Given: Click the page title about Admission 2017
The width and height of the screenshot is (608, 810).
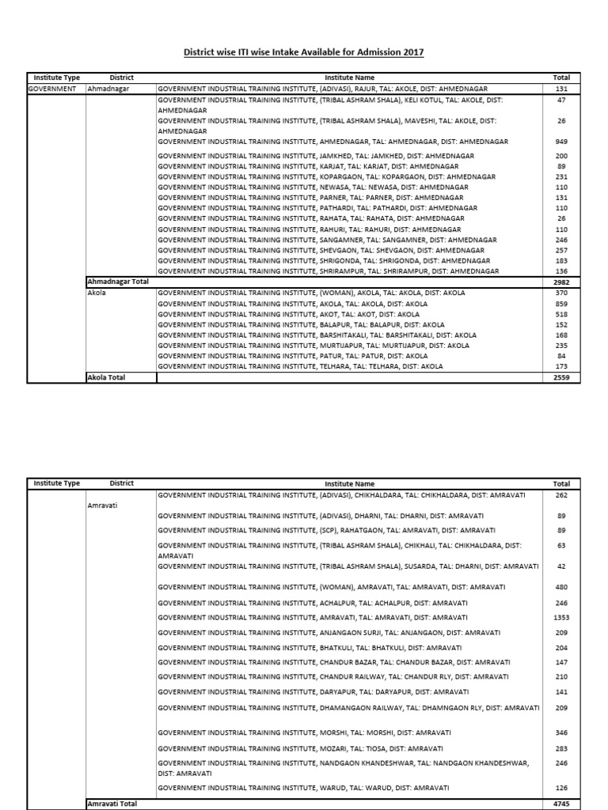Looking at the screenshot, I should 305,52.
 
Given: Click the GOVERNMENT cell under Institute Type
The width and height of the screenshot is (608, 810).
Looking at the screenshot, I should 52,89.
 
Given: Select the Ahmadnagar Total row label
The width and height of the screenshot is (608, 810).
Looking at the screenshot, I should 117,281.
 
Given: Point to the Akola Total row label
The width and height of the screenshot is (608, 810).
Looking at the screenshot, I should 106,377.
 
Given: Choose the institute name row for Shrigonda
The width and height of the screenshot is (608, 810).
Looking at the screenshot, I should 324,260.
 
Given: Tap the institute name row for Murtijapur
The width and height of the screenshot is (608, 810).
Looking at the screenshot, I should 313,346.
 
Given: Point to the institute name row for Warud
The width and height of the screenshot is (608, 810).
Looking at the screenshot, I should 303,787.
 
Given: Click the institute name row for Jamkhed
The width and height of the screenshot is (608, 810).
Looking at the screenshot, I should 316,157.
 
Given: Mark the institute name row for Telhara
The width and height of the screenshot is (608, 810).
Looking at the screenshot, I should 300,366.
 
